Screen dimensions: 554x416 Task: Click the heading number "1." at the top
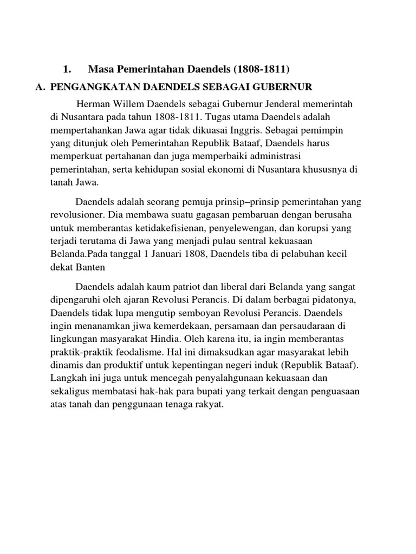[68, 69]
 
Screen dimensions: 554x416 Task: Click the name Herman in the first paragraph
[93, 103]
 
